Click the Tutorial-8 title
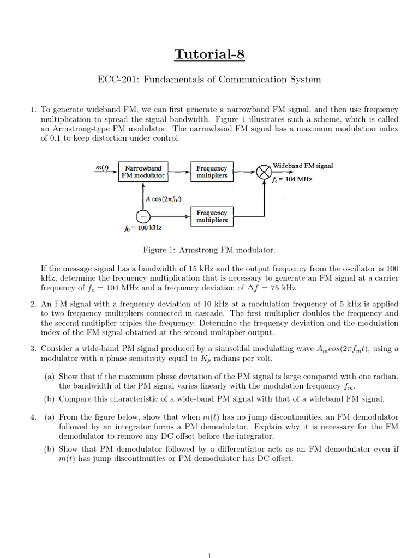click(x=209, y=54)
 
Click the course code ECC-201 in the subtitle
click(x=115, y=80)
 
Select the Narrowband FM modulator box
click(x=142, y=172)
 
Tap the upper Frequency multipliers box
click(x=212, y=172)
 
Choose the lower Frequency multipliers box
click(x=212, y=216)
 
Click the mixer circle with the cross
click(x=264, y=172)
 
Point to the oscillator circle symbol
click(x=142, y=216)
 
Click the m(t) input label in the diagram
click(x=102, y=168)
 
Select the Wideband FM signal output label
click(x=303, y=166)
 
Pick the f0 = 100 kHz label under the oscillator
click(x=143, y=228)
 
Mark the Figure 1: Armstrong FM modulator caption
click(x=209, y=250)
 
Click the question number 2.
click(x=33, y=304)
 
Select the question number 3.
click(x=33, y=348)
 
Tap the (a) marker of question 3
click(x=50, y=376)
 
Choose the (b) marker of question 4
click(x=50, y=449)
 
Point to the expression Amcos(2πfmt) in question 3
click(x=349, y=349)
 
